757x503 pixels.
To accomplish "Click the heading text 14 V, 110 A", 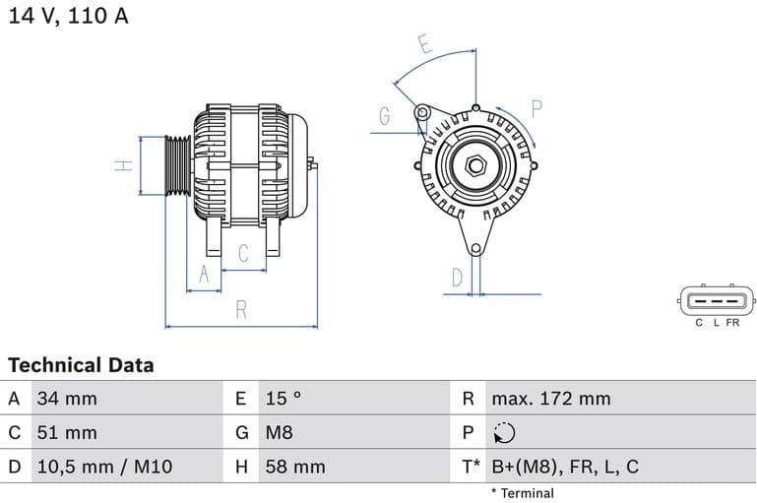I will click(x=68, y=16).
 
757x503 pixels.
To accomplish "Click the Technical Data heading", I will click(x=81, y=365).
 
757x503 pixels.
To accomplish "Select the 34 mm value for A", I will click(x=67, y=399).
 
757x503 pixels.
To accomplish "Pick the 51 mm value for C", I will click(x=67, y=432).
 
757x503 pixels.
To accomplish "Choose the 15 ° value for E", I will click(x=284, y=399).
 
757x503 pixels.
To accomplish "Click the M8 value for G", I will click(x=280, y=432).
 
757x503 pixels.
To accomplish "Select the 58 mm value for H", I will click(x=294, y=467).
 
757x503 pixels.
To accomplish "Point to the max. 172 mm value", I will click(x=550, y=399).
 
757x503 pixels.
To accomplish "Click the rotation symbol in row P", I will click(x=503, y=433).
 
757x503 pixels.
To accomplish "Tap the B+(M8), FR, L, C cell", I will click(x=564, y=467).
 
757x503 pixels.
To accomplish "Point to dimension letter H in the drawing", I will click(x=124, y=165).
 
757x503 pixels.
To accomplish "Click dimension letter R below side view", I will click(x=241, y=310).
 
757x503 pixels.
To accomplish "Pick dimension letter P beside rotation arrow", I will click(x=537, y=108).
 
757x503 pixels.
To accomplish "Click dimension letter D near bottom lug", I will click(x=457, y=279).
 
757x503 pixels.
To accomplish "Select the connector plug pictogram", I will click(x=716, y=301).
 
